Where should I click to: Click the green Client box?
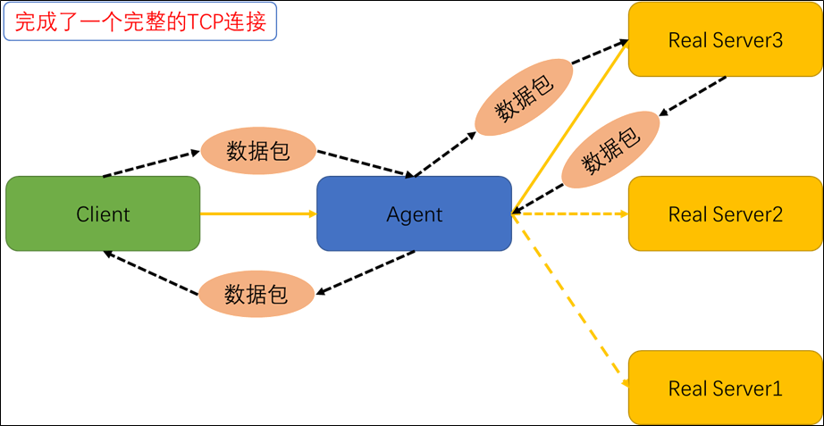[102, 213]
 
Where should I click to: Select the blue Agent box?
[414, 213]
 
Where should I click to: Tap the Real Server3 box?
[725, 40]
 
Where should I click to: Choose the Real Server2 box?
[725, 214]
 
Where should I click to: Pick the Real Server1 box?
[725, 388]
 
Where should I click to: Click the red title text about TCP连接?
[140, 21]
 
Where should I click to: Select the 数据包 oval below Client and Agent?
[256, 293]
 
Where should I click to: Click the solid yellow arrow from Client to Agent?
[258, 214]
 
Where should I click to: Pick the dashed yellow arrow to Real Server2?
[572, 214]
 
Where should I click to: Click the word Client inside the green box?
[103, 214]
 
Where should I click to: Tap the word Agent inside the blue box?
[414, 214]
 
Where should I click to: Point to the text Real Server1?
[725, 388]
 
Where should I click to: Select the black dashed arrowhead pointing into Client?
[108, 255]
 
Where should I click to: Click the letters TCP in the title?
[204, 21]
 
